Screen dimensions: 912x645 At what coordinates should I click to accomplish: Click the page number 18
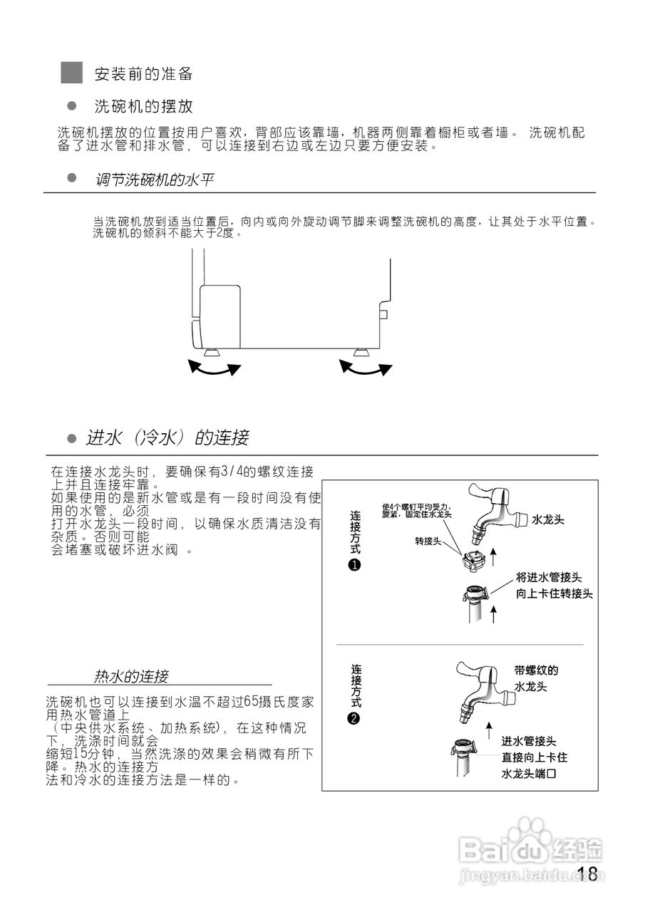coord(588,874)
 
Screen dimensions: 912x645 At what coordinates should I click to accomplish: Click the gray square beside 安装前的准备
coord(72,73)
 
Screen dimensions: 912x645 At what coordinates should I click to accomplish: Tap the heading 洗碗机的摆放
coord(143,107)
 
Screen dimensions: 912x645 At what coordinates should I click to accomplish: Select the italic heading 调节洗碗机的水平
coord(154,180)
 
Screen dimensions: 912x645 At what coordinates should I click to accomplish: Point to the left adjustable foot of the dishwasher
coord(212,352)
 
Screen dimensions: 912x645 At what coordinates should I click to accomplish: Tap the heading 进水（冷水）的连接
coord(167,437)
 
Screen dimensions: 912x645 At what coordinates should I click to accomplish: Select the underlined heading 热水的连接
coord(131,675)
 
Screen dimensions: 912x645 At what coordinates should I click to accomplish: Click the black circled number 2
coord(355,718)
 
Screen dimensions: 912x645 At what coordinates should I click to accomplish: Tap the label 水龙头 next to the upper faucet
coord(547,520)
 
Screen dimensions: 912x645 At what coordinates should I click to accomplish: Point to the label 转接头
coord(428,541)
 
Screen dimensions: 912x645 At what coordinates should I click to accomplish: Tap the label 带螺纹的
coord(536,670)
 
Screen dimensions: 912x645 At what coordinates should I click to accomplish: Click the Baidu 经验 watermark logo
coord(531,848)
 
